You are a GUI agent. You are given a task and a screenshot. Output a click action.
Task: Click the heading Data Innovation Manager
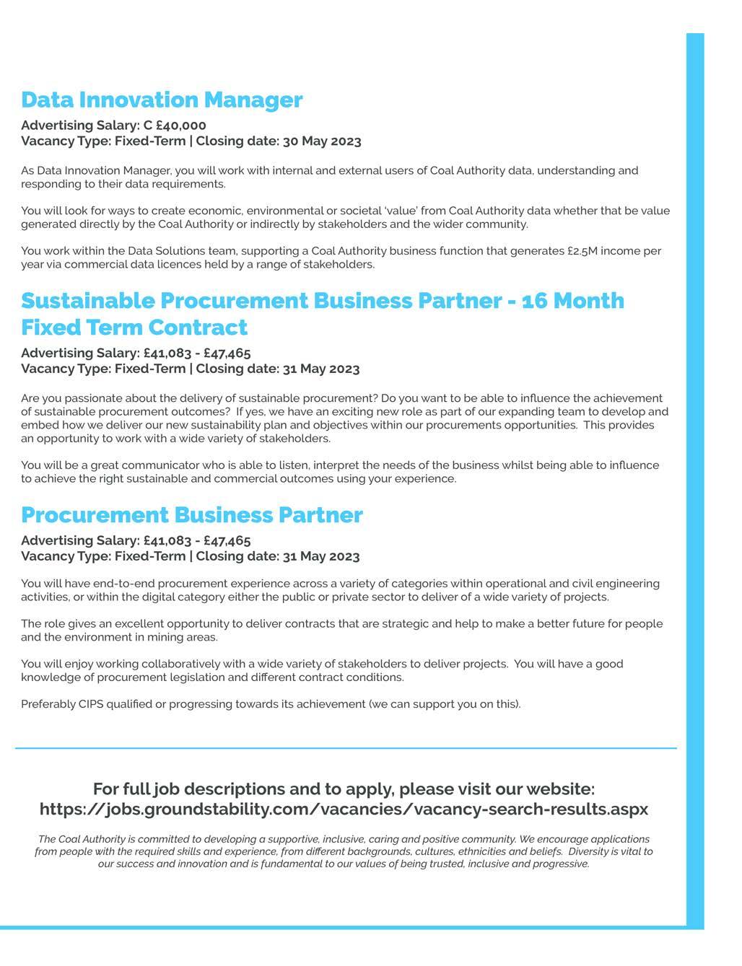(x=162, y=100)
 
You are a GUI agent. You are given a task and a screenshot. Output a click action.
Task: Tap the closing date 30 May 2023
(x=322, y=141)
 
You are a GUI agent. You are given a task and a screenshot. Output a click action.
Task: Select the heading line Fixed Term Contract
(x=134, y=328)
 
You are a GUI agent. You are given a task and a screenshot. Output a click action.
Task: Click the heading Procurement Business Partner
(x=192, y=515)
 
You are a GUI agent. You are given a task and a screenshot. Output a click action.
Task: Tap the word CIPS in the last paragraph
(x=91, y=704)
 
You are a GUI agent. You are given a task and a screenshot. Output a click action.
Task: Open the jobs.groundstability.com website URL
(x=344, y=809)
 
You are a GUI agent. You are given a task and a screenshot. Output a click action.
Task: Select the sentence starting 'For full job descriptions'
(x=344, y=789)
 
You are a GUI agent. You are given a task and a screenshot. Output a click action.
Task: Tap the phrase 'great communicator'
(x=134, y=465)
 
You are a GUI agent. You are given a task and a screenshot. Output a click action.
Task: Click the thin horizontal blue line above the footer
(x=346, y=749)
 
